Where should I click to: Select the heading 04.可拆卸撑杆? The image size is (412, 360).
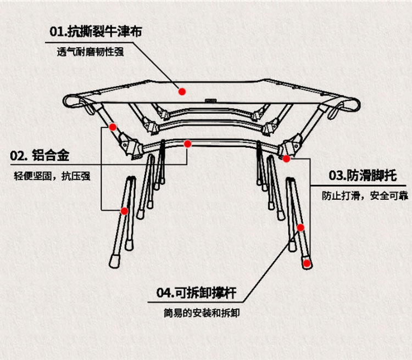point(196,292)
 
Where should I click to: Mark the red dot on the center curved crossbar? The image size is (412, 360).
point(188,144)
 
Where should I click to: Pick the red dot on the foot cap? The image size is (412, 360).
point(307,263)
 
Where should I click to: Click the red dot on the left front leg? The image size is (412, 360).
point(125,211)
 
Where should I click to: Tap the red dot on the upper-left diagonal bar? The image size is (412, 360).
point(113,127)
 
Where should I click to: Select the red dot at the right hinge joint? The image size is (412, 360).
point(286,159)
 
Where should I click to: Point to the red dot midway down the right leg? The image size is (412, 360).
point(300,227)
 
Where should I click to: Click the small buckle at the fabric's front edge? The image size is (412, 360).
point(209,101)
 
